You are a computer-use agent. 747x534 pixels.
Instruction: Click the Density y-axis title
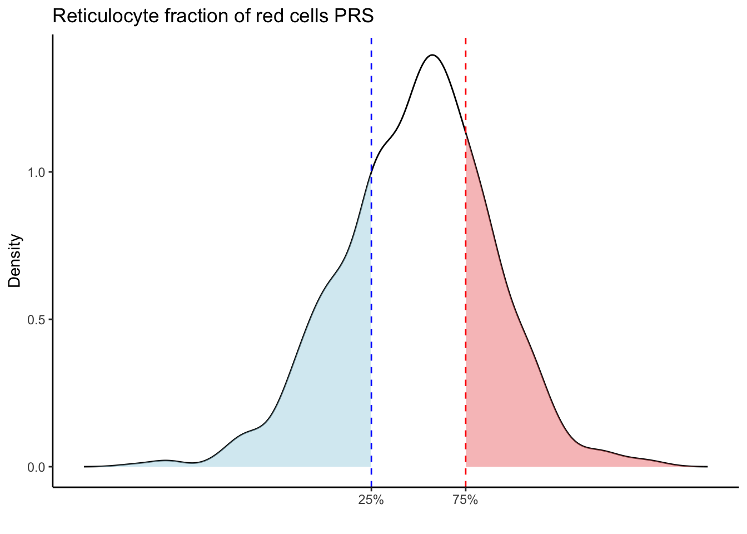click(15, 261)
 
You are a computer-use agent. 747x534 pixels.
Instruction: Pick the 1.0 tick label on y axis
click(37, 172)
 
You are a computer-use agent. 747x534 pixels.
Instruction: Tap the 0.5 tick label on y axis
click(37, 320)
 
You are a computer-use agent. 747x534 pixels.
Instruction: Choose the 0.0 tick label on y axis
click(37, 467)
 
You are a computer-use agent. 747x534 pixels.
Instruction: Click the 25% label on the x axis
click(371, 500)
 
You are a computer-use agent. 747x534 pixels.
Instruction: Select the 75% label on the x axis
click(465, 500)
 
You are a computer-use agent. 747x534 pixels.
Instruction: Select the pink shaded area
click(500, 389)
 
